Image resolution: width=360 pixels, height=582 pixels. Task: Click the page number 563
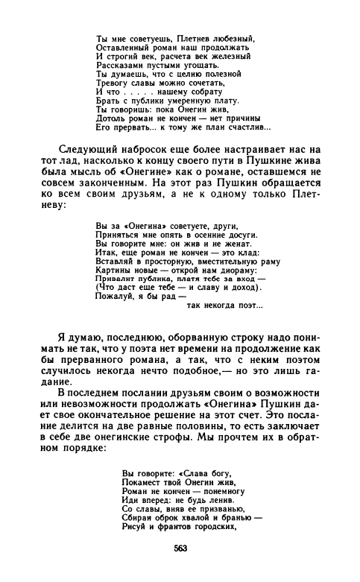tap(180, 548)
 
